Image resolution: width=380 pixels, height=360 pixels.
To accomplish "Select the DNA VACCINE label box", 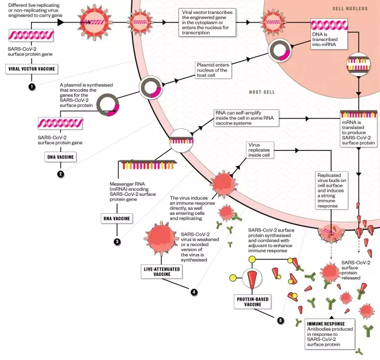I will point(58,156).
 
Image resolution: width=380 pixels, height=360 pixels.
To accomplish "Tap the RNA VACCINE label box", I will point(117,218).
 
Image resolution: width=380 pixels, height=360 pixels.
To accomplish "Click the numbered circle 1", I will point(32,86).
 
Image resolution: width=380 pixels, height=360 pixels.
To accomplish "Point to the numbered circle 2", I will point(60,173).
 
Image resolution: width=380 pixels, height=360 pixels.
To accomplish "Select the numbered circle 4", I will point(194,292).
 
